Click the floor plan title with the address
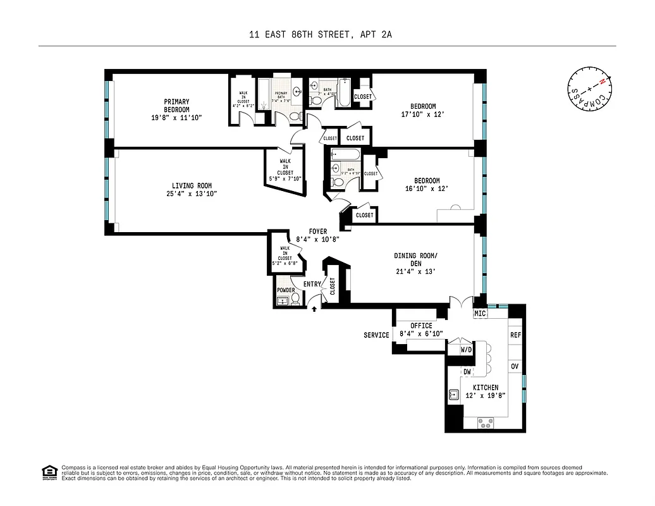click(x=321, y=35)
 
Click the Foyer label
click(x=318, y=231)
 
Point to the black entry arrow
click(x=314, y=309)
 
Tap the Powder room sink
click(x=282, y=300)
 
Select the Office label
click(x=420, y=326)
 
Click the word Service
click(x=376, y=335)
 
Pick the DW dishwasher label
click(x=467, y=372)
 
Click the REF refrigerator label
click(x=515, y=335)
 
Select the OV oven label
click(x=515, y=366)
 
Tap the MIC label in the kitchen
click(x=480, y=313)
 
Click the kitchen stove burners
click(x=486, y=421)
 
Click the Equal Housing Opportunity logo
click(x=47, y=472)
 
